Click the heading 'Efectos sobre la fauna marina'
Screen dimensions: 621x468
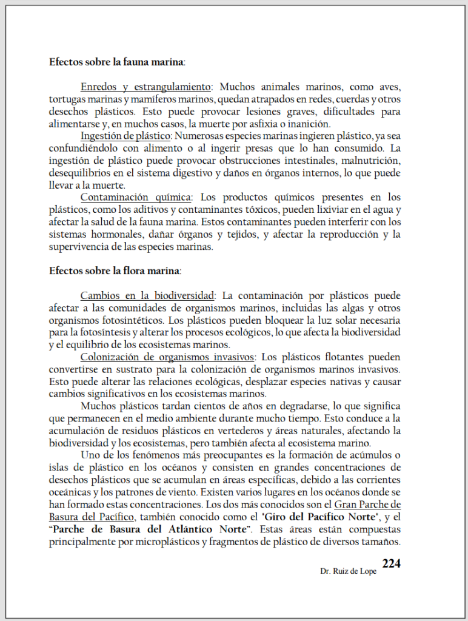pos(116,62)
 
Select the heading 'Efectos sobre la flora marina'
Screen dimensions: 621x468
pos(114,270)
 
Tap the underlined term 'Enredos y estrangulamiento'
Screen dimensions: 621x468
pos(145,87)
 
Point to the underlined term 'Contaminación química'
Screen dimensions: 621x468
pos(136,197)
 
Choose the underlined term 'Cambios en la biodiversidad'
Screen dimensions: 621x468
pos(147,296)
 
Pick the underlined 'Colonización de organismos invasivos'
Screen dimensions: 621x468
pos(167,357)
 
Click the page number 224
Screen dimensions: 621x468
pos(391,563)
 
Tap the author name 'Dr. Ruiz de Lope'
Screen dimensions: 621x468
pos(349,571)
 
